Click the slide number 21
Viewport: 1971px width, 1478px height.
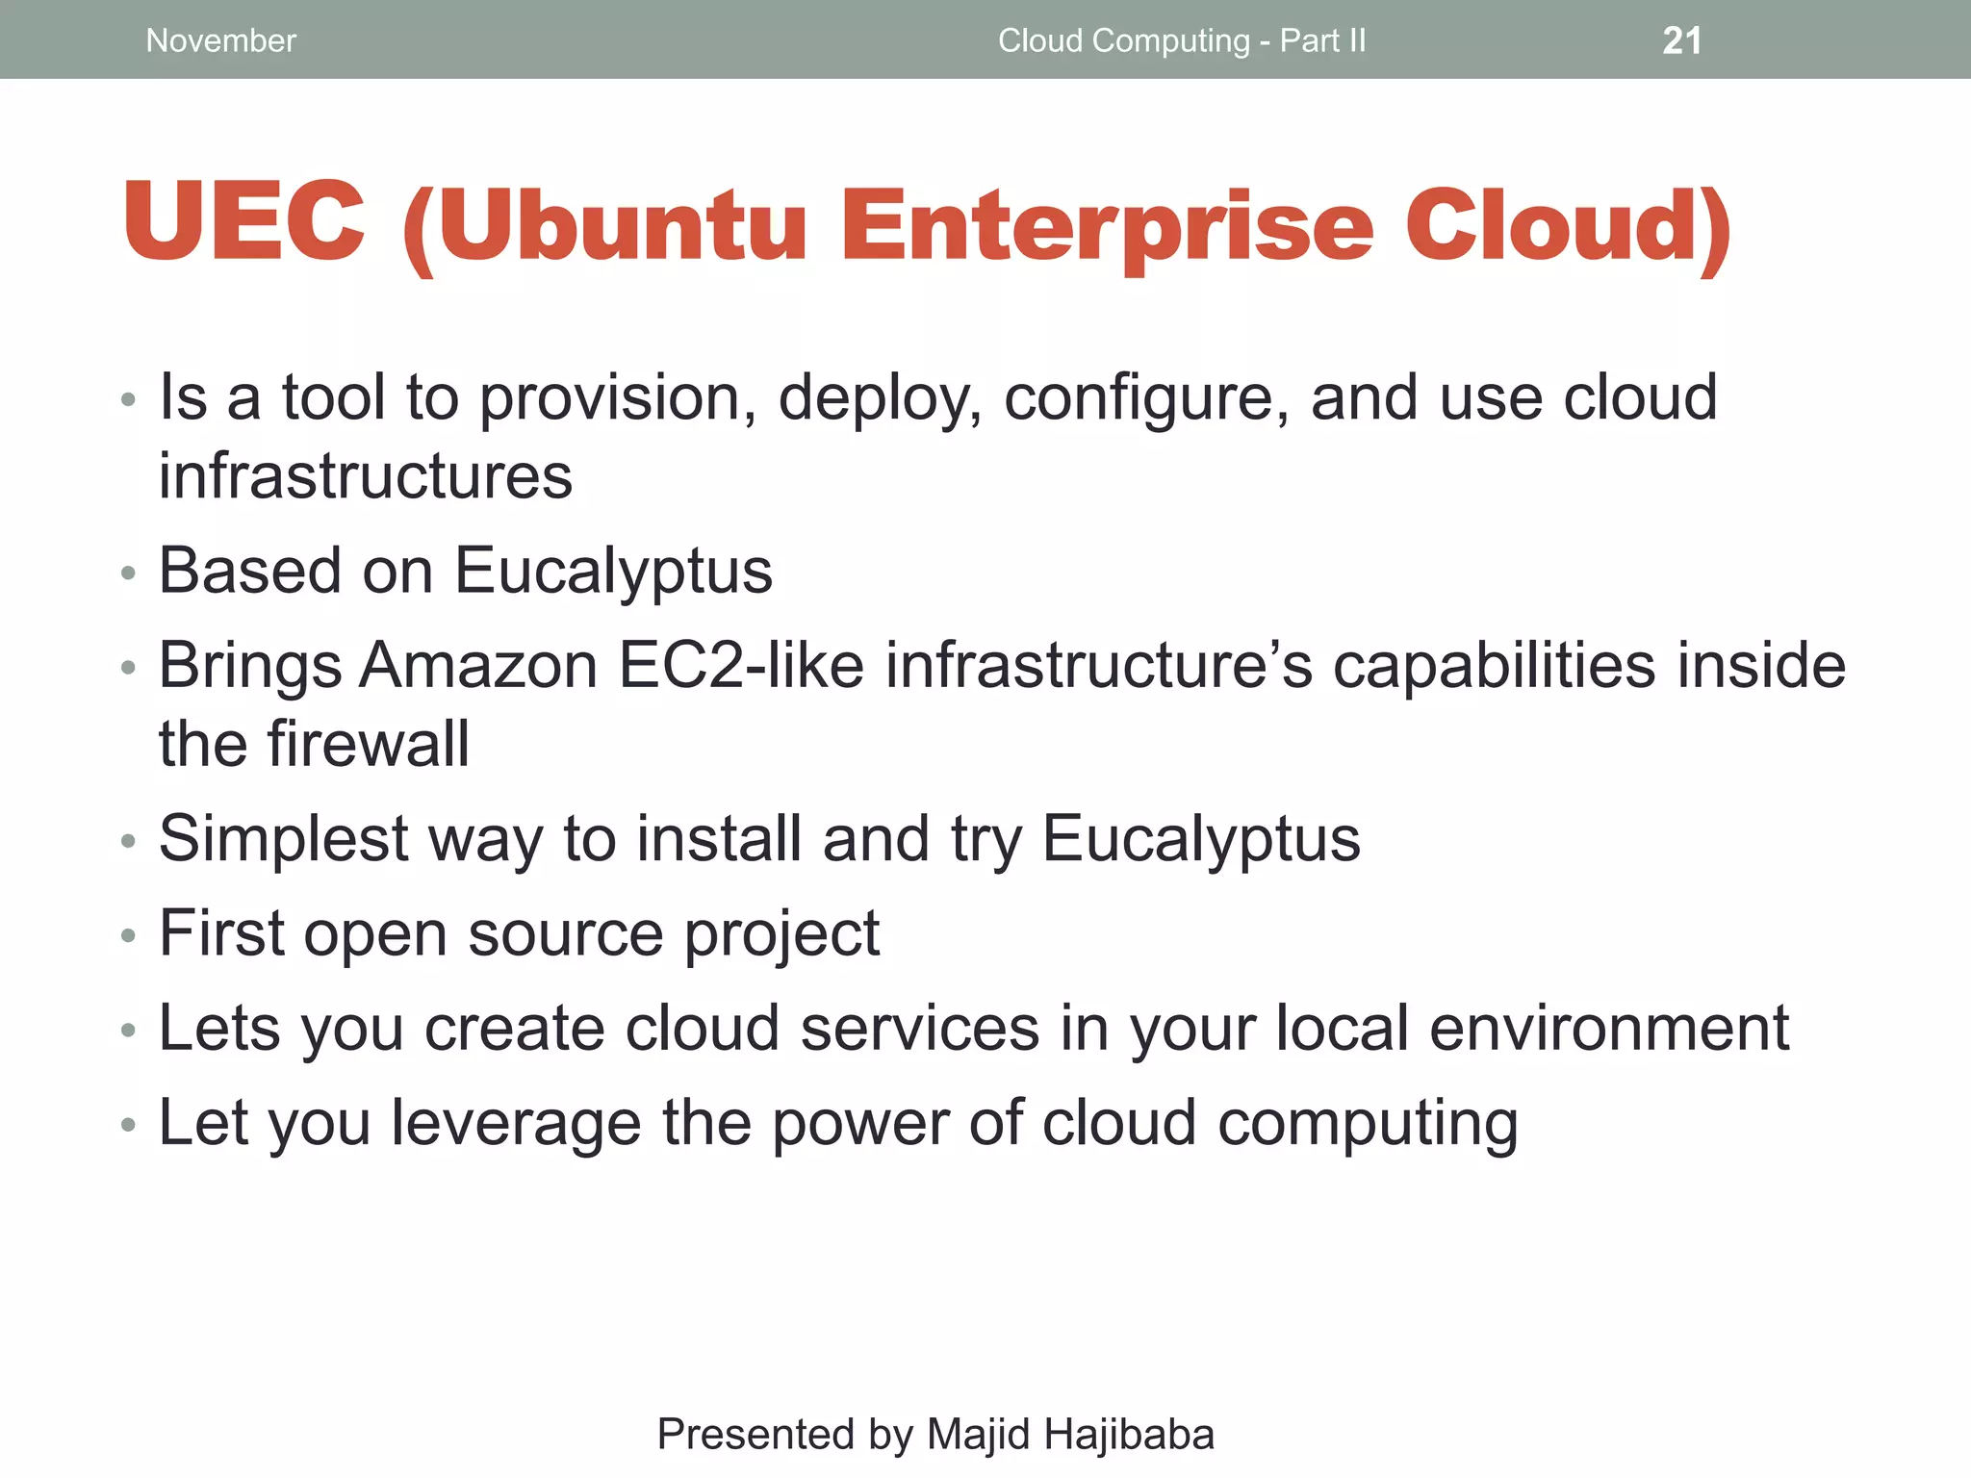1681,40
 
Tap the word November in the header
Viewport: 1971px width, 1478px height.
220,40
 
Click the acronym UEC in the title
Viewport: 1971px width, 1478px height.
244,222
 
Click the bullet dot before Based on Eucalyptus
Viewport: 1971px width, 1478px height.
129,573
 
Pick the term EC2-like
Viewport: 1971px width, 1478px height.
741,666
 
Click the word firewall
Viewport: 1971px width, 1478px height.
369,744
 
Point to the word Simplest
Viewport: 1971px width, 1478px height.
284,839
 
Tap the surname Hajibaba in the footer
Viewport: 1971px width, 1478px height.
1129,1434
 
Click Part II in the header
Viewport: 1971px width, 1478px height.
1322,40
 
